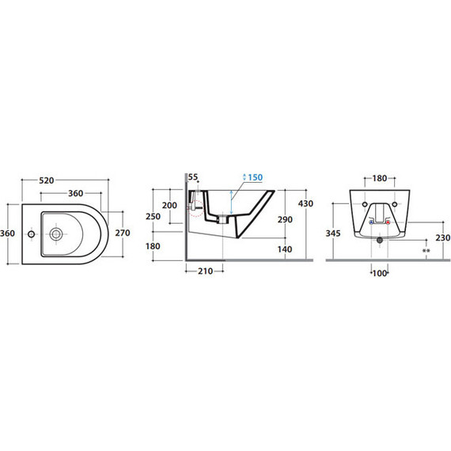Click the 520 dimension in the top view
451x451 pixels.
47,180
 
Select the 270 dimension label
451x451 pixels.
123,233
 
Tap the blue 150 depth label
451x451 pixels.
256,177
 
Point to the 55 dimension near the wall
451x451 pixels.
193,177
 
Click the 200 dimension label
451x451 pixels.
169,206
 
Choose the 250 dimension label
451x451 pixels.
153,216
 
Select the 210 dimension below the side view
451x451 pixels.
206,271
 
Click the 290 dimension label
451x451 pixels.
285,219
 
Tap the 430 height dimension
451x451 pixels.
305,203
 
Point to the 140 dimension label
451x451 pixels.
285,249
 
